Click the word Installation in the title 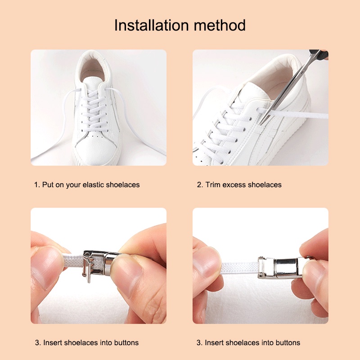(x=151, y=25)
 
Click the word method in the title (x=220, y=25)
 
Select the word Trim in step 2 (x=213, y=184)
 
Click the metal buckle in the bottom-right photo (x=281, y=267)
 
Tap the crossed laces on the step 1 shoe (x=94, y=110)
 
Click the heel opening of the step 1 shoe (x=93, y=69)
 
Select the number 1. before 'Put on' (x=37, y=184)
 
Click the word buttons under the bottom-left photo (x=126, y=342)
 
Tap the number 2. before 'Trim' (x=200, y=184)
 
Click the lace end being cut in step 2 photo (x=296, y=114)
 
